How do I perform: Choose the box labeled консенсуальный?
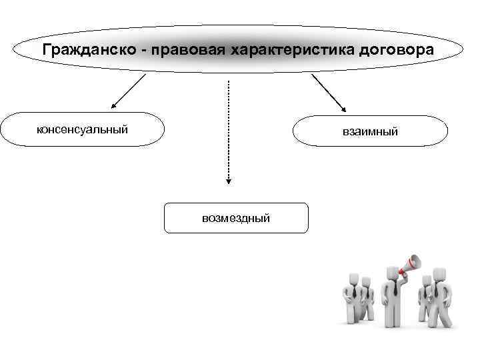click(x=82, y=129)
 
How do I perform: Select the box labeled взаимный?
click(x=370, y=131)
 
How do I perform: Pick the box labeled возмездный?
click(x=236, y=217)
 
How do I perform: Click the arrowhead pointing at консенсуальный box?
click(x=113, y=105)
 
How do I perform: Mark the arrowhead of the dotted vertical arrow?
click(x=228, y=180)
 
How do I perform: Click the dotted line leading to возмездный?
click(x=228, y=127)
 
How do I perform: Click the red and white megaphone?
click(x=411, y=265)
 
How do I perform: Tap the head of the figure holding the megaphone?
click(x=391, y=273)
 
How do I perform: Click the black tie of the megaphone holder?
click(x=394, y=289)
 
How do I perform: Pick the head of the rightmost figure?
click(x=439, y=274)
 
